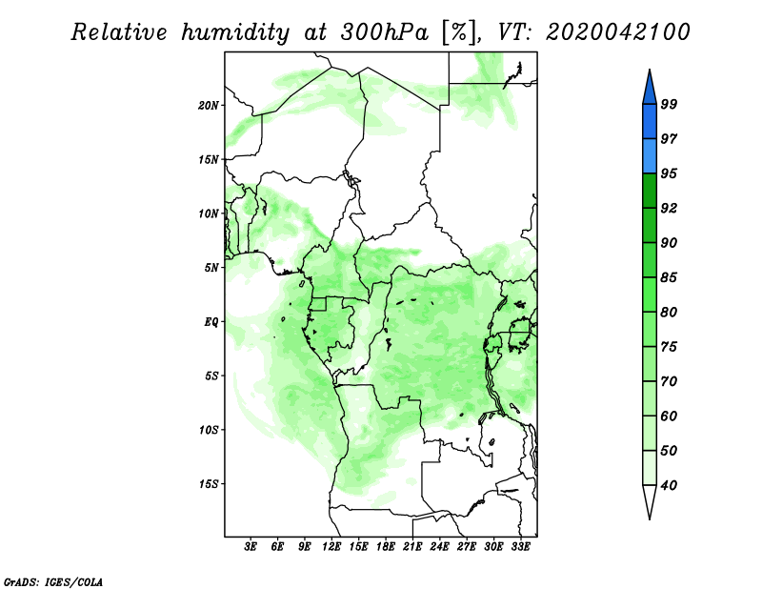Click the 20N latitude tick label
tap(209, 105)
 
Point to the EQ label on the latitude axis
tap(211, 322)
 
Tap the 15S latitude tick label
tap(209, 484)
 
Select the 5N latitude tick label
tap(211, 268)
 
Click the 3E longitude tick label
tap(251, 547)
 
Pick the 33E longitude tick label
tap(521, 547)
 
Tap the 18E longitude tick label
tap(386, 547)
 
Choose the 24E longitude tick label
tap(439, 547)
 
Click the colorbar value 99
tap(669, 105)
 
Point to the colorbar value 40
tap(669, 485)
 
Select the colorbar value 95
tap(669, 173)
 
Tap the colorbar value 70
tap(669, 381)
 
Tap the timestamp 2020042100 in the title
tap(617, 33)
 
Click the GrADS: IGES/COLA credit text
tap(52, 580)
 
